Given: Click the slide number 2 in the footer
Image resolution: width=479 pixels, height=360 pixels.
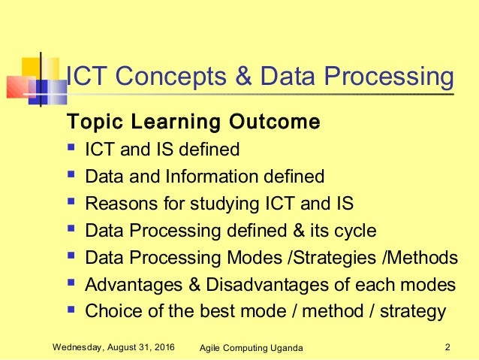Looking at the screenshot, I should [x=447, y=346].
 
